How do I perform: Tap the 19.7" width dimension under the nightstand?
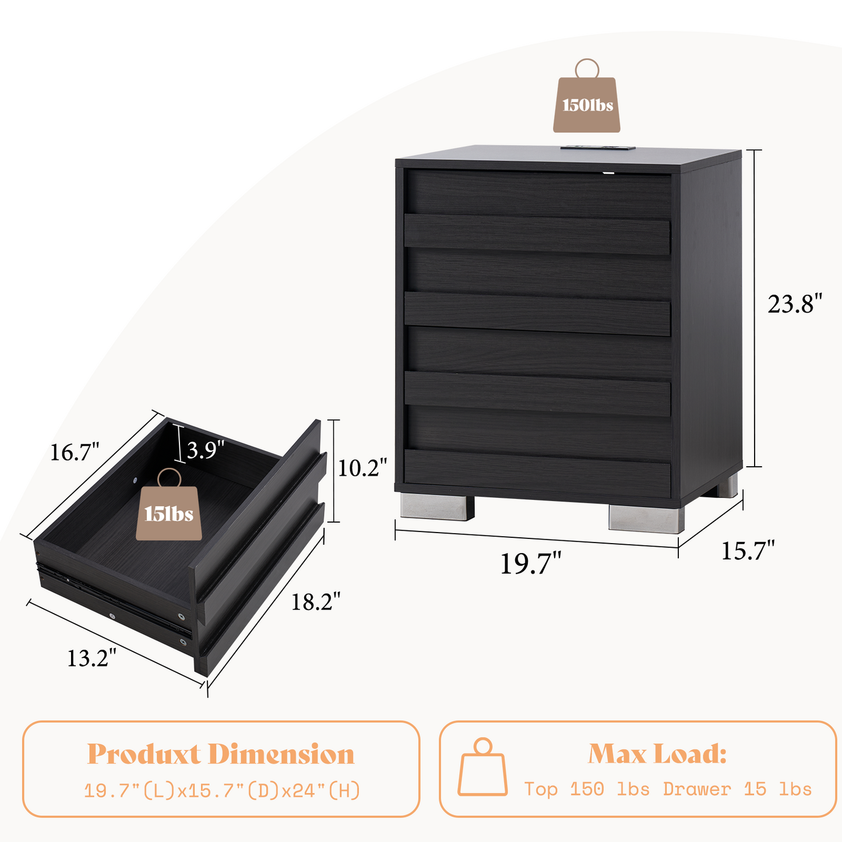(x=530, y=563)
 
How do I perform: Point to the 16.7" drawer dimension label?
(x=75, y=452)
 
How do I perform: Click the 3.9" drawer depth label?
(x=206, y=450)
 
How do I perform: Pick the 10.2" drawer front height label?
(x=362, y=467)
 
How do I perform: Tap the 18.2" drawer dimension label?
(x=315, y=601)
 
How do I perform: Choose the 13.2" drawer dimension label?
(x=91, y=658)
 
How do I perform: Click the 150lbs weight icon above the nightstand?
(x=587, y=96)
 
